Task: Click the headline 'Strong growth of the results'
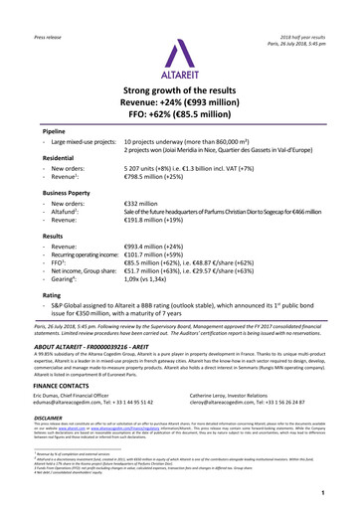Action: pos(180,95)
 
